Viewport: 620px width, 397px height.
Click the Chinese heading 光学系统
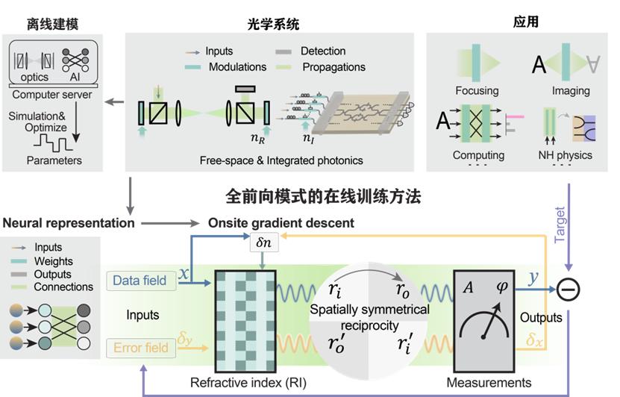[273, 24]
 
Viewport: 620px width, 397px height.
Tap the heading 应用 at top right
[525, 22]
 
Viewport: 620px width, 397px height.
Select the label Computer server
[51, 95]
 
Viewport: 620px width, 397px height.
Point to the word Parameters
[54, 160]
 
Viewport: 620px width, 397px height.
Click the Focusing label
[477, 90]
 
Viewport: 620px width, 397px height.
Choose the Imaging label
[571, 90]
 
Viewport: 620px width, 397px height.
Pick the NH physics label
[565, 155]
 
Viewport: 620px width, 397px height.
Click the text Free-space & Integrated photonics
[281, 160]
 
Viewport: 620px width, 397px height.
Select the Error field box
[139, 348]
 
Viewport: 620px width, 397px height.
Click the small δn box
[263, 243]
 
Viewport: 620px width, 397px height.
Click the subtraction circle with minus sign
[569, 289]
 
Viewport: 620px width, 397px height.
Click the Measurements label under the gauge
[489, 383]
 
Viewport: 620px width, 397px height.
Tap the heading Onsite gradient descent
[280, 222]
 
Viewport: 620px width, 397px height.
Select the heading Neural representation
[69, 222]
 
